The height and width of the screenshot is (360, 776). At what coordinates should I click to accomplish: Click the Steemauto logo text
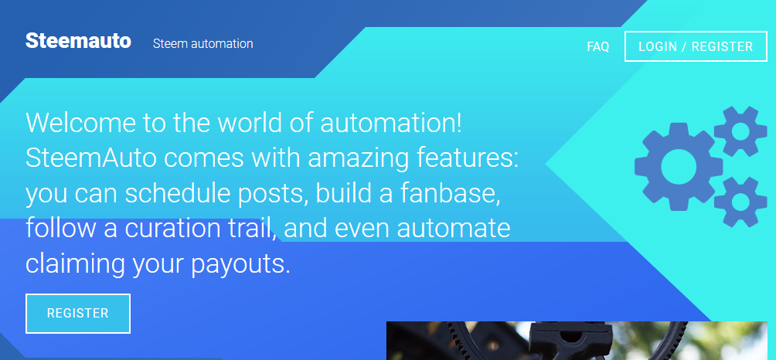click(78, 41)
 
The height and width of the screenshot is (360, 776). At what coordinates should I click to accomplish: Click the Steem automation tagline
click(203, 43)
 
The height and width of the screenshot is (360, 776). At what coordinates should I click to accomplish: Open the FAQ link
click(597, 46)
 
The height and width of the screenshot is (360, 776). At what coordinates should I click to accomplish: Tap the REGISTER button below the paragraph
click(78, 314)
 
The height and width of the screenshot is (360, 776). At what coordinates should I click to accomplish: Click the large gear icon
click(679, 167)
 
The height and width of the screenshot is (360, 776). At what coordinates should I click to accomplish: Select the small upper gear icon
click(740, 131)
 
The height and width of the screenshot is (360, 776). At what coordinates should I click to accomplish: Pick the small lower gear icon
click(740, 202)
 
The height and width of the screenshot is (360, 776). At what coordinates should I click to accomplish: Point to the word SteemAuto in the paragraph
click(91, 158)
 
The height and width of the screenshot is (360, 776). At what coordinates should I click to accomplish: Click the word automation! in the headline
click(391, 123)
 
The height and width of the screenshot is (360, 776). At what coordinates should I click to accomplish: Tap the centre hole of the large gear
click(679, 167)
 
